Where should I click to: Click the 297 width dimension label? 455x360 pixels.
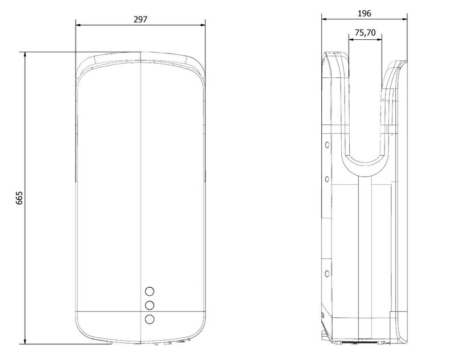pos(140,19)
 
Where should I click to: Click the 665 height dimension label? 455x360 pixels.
pos(19,198)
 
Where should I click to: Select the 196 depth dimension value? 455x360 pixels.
pos(364,14)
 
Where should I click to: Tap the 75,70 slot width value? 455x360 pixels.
pos(365,33)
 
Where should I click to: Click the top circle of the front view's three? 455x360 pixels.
pos(150,291)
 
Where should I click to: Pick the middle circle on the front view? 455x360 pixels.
pos(150,305)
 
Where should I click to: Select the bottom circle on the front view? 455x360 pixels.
pos(150,319)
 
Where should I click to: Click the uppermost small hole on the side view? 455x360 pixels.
pos(327,145)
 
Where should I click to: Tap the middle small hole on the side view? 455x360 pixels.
pos(327,179)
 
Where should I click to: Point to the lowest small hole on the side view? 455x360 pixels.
pos(327,273)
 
